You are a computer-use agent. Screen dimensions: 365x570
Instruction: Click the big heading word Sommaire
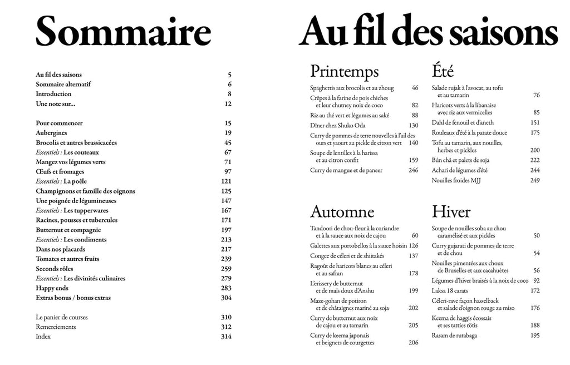123,32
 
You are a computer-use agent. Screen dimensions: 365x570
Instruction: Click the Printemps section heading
344,72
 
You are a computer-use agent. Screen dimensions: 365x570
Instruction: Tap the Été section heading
443,72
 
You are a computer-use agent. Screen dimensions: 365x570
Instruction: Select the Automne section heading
342,212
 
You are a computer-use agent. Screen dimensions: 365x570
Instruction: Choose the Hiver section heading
451,212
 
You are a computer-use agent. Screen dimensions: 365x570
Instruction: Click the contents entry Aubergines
52,133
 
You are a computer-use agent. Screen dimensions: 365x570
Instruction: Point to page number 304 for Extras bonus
226,298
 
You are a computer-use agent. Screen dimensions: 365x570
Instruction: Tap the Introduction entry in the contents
53,94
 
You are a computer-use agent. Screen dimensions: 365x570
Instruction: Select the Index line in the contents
43,337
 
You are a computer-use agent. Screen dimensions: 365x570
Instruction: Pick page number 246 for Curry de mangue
413,170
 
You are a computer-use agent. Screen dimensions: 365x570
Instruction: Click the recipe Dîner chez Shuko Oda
341,125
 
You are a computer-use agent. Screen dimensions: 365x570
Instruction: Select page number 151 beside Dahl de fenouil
534,122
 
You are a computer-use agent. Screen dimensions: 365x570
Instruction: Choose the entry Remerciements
56,327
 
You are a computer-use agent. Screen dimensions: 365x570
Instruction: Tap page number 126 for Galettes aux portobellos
413,245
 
